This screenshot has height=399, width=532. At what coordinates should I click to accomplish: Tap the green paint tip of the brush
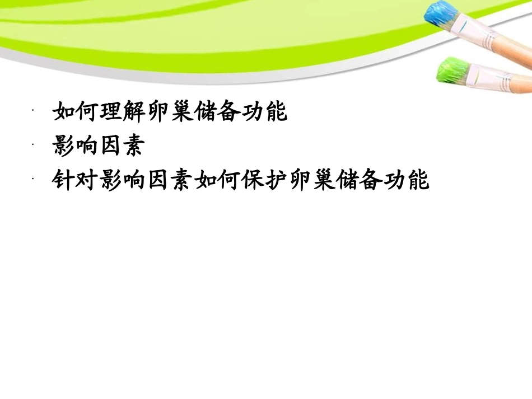451,72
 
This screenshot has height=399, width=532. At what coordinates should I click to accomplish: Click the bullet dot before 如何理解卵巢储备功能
34,111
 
